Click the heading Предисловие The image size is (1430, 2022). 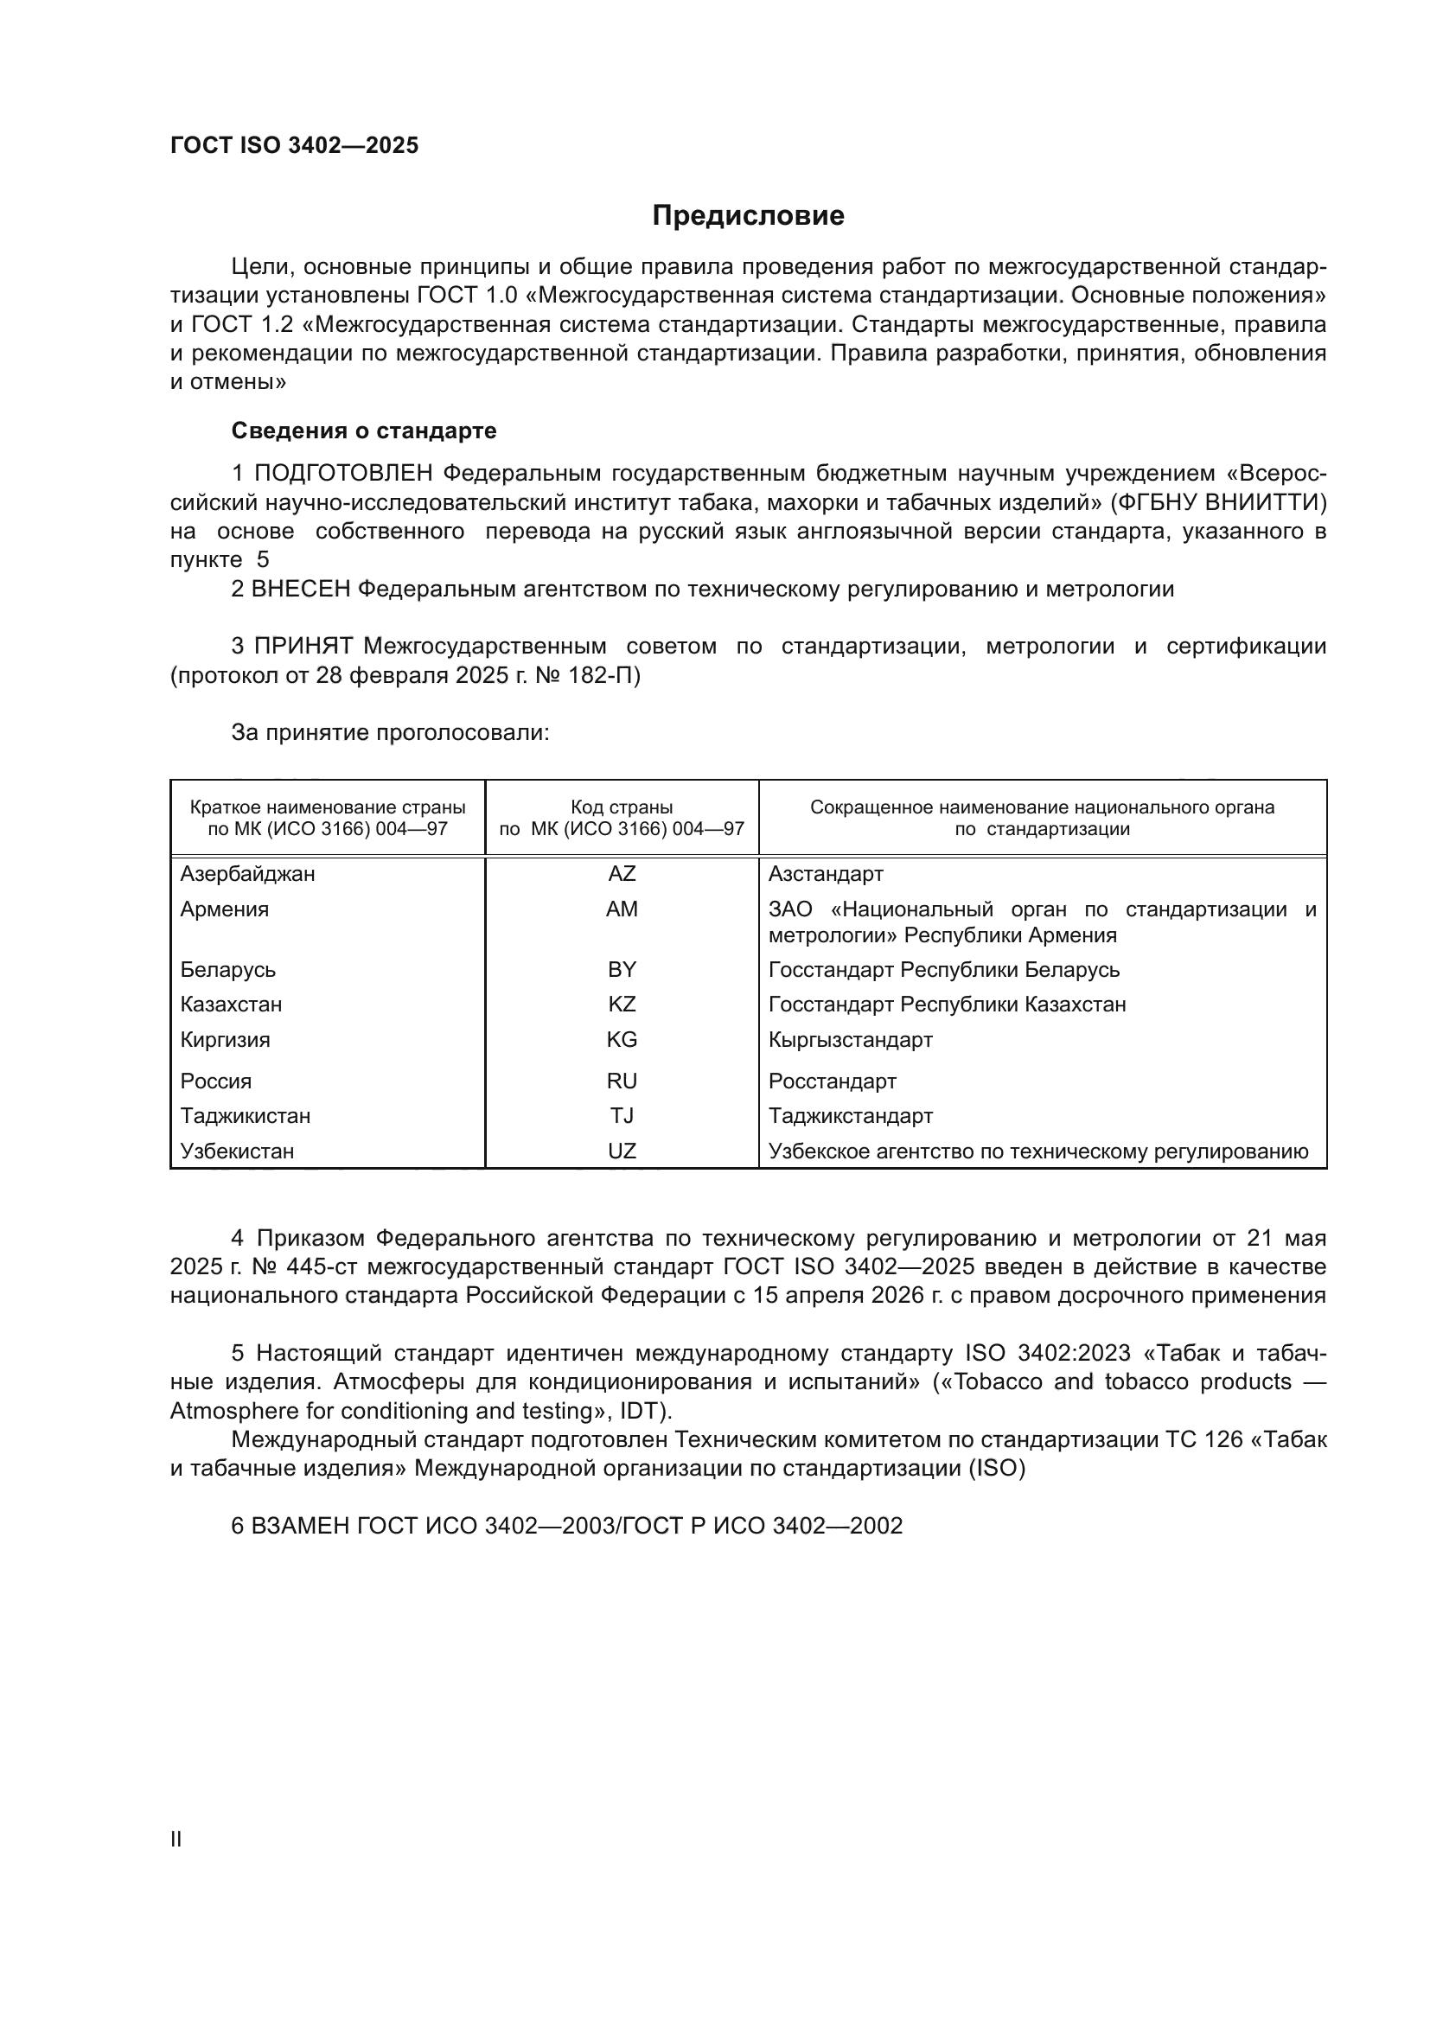click(x=748, y=216)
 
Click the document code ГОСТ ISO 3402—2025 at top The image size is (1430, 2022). click(x=294, y=146)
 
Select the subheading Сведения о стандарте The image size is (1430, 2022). click(x=364, y=431)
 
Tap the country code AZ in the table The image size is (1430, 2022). click(x=622, y=874)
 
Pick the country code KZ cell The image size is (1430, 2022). click(x=622, y=1004)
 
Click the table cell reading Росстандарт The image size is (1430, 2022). click(x=832, y=1081)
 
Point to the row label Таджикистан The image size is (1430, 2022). click(x=245, y=1116)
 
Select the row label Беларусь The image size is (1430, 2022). click(x=228, y=970)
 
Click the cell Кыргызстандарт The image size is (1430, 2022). click(x=851, y=1039)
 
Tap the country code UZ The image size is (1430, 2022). click(x=622, y=1151)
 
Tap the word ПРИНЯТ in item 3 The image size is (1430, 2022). click(x=303, y=647)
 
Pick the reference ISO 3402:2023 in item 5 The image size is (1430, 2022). click(x=1047, y=1354)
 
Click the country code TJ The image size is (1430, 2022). click(x=622, y=1116)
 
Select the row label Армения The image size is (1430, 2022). click(x=225, y=909)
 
